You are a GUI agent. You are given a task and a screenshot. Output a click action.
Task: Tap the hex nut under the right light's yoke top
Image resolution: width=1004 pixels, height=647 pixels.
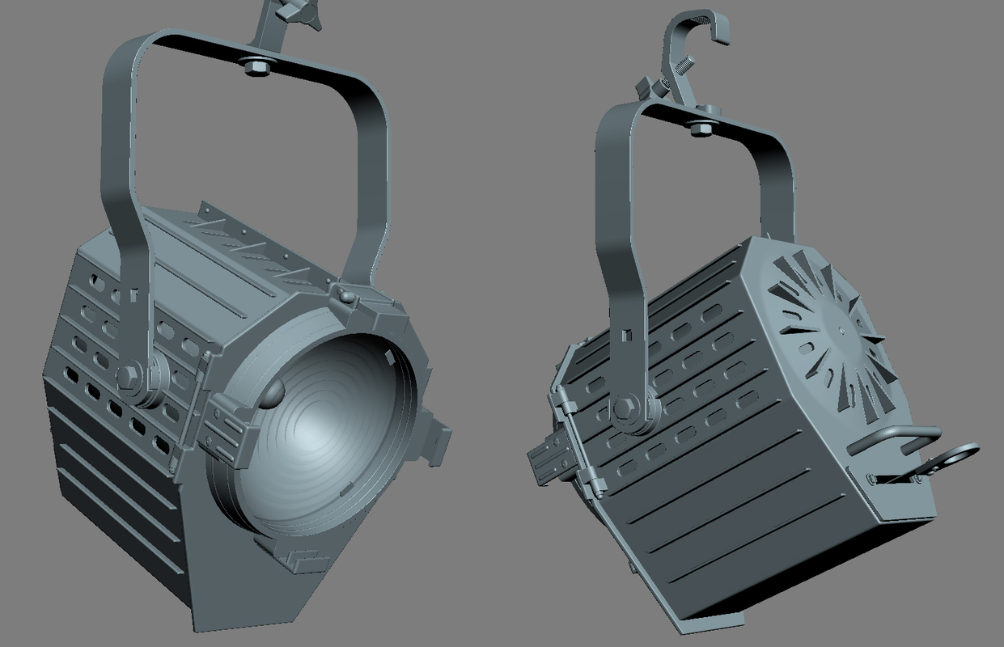701,127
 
